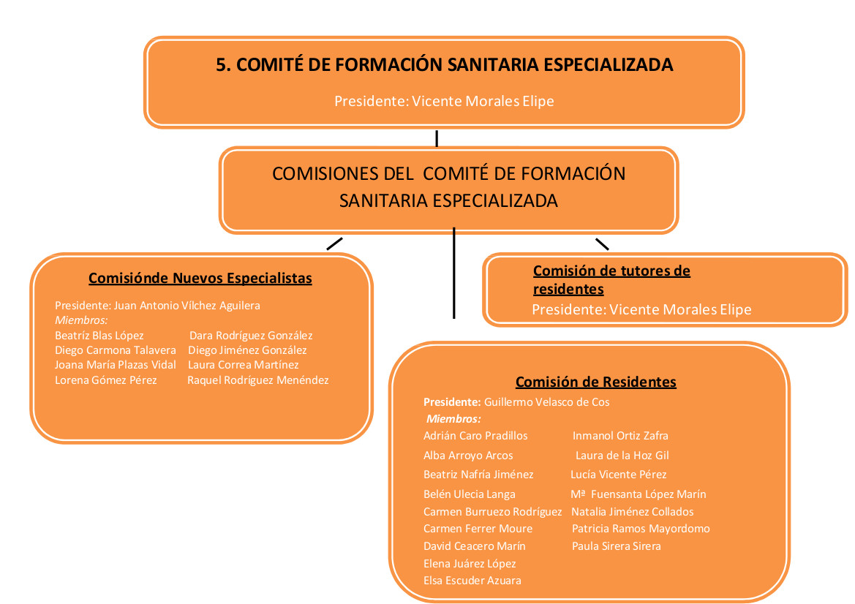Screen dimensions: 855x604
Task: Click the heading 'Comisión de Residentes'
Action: click(596, 382)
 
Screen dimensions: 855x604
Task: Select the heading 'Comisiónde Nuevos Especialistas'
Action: click(200, 278)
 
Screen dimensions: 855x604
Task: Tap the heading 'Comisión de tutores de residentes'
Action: click(611, 279)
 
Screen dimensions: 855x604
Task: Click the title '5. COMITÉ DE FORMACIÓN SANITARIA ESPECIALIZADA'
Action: click(445, 64)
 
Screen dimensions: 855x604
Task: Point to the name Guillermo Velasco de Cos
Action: click(547, 402)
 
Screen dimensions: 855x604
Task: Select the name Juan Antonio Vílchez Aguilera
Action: click(187, 306)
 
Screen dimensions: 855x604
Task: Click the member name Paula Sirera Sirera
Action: click(616, 546)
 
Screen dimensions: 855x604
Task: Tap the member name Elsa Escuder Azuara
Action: click(472, 581)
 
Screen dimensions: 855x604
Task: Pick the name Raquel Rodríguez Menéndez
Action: click(258, 380)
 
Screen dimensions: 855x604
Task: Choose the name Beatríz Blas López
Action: click(99, 336)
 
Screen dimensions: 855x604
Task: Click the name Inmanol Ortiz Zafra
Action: click(620, 436)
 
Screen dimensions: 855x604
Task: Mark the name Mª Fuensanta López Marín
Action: click(639, 494)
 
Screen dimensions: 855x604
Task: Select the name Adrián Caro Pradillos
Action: click(475, 436)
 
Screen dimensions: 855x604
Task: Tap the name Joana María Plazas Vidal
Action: click(115, 365)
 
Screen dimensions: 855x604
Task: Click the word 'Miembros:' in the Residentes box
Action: click(453, 419)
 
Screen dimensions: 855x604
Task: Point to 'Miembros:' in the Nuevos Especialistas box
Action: click(81, 320)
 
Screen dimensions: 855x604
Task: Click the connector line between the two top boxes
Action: click(437, 138)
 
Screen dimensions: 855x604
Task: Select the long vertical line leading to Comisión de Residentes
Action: click(453, 273)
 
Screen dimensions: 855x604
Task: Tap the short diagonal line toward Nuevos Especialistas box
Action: click(334, 244)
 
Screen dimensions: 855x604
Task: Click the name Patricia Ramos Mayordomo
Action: click(641, 529)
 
